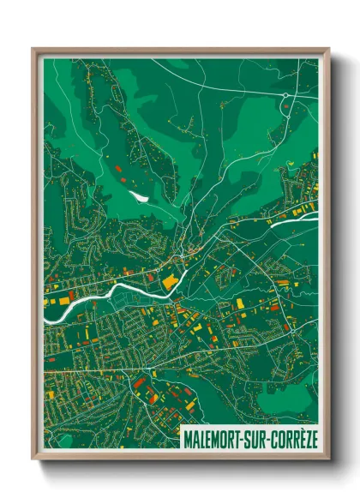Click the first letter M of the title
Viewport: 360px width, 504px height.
tap(187, 440)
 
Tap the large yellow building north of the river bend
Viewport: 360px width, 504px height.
tap(170, 280)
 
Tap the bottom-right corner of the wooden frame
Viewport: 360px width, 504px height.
tap(327, 460)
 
